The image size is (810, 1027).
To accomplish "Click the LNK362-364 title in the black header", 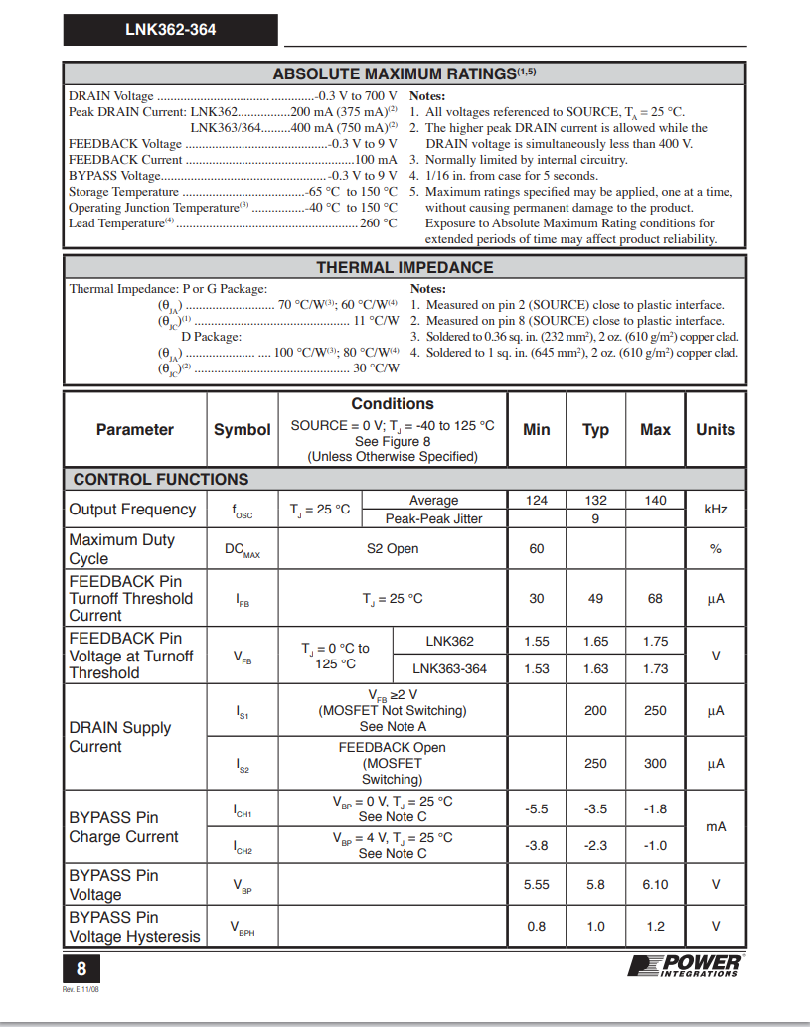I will click(170, 30).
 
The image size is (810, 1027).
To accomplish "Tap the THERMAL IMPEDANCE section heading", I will click(405, 267).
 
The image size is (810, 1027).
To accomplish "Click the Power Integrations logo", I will click(686, 964).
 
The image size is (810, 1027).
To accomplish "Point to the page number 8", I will click(81, 967).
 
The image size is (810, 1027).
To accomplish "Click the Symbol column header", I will click(242, 430).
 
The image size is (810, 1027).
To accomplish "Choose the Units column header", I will click(715, 430).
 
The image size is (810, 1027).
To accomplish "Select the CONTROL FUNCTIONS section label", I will click(161, 479).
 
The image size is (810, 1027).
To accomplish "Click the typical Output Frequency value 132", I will click(595, 501).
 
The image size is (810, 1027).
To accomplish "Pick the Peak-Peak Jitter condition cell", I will click(434, 518).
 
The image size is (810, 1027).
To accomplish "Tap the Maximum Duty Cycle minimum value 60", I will click(536, 549).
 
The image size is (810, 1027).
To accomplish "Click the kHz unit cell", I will click(715, 510).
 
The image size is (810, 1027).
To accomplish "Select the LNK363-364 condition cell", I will click(450, 669).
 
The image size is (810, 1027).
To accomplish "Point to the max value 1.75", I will click(655, 642).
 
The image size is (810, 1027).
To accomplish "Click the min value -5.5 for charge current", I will click(536, 809).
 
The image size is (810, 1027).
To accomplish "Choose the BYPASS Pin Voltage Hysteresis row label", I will click(134, 927).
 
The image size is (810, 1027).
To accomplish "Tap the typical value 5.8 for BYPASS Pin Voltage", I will click(595, 885).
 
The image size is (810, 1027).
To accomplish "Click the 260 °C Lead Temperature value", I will click(378, 223).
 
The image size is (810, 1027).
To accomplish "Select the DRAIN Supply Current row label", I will click(120, 737).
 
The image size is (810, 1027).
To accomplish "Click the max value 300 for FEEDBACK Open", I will click(655, 764).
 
